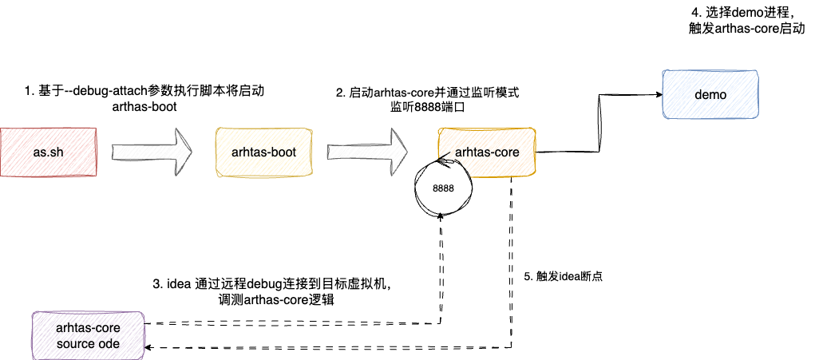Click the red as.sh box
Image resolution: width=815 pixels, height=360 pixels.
pos(48,151)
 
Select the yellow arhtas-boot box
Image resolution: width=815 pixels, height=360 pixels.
pos(264,151)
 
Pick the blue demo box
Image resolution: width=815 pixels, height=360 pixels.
pos(710,95)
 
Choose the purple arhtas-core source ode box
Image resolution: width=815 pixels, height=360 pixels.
pos(88,335)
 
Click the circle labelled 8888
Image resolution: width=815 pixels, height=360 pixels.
pos(443,188)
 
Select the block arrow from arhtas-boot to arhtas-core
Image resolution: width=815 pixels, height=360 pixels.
pos(367,151)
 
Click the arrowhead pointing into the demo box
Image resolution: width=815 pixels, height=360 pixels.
pos(659,95)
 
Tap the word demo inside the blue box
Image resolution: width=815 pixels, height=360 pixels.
pos(710,95)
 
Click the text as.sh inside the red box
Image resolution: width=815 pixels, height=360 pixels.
pos(48,151)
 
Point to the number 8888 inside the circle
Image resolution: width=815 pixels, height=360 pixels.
pos(443,188)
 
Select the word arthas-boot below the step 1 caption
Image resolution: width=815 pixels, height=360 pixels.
pos(144,106)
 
